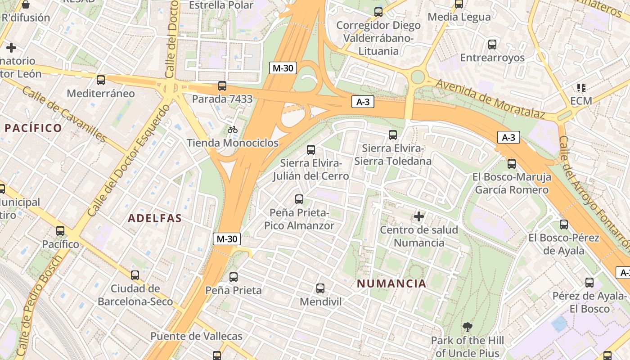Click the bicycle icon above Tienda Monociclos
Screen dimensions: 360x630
232,130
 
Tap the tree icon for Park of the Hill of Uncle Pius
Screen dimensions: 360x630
468,327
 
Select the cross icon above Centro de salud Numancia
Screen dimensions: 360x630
419,217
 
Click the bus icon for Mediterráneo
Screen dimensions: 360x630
101,80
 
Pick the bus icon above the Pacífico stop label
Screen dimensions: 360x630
60,231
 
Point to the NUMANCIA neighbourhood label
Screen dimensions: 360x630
391,283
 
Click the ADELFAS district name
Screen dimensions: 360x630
155,219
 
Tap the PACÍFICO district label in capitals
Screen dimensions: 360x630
33,128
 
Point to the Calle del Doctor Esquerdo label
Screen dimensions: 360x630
129,160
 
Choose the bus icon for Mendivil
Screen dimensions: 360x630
320,288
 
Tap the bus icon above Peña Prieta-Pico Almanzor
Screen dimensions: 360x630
299,199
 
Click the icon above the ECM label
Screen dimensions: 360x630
581,87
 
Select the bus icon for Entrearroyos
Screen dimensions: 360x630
492,45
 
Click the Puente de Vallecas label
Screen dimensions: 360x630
196,336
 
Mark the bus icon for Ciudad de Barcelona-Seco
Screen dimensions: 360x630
135,275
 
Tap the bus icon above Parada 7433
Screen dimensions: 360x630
222,86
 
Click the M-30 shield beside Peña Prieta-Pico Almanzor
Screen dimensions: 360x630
227,239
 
